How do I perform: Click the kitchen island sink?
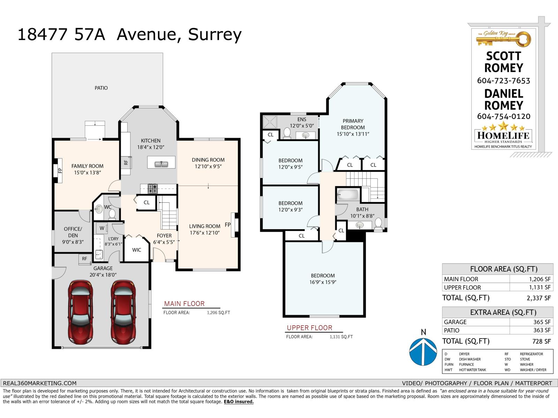coord(161,163)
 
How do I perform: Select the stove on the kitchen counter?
coord(152,188)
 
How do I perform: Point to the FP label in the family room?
coord(60,171)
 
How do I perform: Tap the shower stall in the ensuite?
coord(269,122)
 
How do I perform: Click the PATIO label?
coord(101,88)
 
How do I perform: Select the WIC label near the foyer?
coord(137,250)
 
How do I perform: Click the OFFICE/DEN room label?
coord(73,232)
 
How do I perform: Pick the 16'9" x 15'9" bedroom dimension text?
coord(323,282)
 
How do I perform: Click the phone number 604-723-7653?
coord(503,81)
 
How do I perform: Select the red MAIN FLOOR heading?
coord(184,304)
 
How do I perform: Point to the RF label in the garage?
coord(85,259)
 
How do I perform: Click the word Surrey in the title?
coord(214,34)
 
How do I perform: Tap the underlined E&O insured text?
coord(239,402)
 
